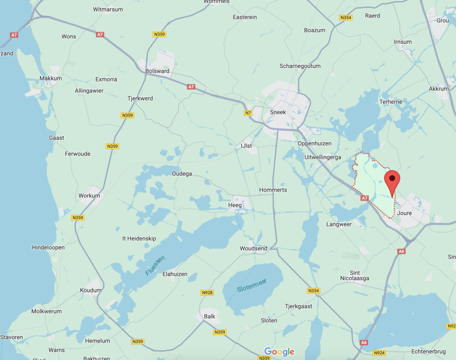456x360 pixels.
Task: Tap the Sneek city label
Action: (278, 112)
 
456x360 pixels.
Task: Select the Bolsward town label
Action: (157, 71)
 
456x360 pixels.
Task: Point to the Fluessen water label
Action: (155, 266)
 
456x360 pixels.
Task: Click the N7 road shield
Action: (248, 113)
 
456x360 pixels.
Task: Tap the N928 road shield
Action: (207, 293)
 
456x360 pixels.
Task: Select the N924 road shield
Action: (380, 353)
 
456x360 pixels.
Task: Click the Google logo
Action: (279, 352)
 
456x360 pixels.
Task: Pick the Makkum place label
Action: (51, 78)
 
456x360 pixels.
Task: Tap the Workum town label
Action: (89, 196)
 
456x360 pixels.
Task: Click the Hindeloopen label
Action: (48, 247)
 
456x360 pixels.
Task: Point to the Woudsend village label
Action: (253, 249)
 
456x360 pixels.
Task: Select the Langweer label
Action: (339, 224)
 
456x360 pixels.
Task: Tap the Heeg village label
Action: (235, 205)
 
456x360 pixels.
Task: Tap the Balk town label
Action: (209, 316)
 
